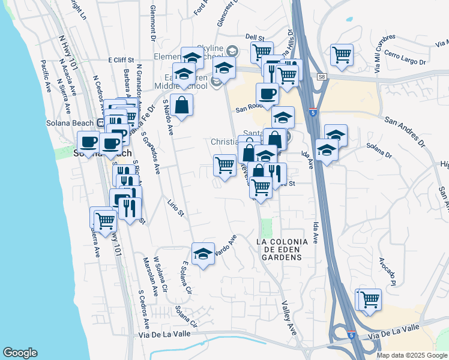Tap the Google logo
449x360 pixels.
click(20, 353)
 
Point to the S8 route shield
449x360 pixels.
click(322, 77)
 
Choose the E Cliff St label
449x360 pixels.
click(123, 60)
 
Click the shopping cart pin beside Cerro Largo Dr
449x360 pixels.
click(342, 55)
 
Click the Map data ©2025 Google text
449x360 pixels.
click(411, 355)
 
